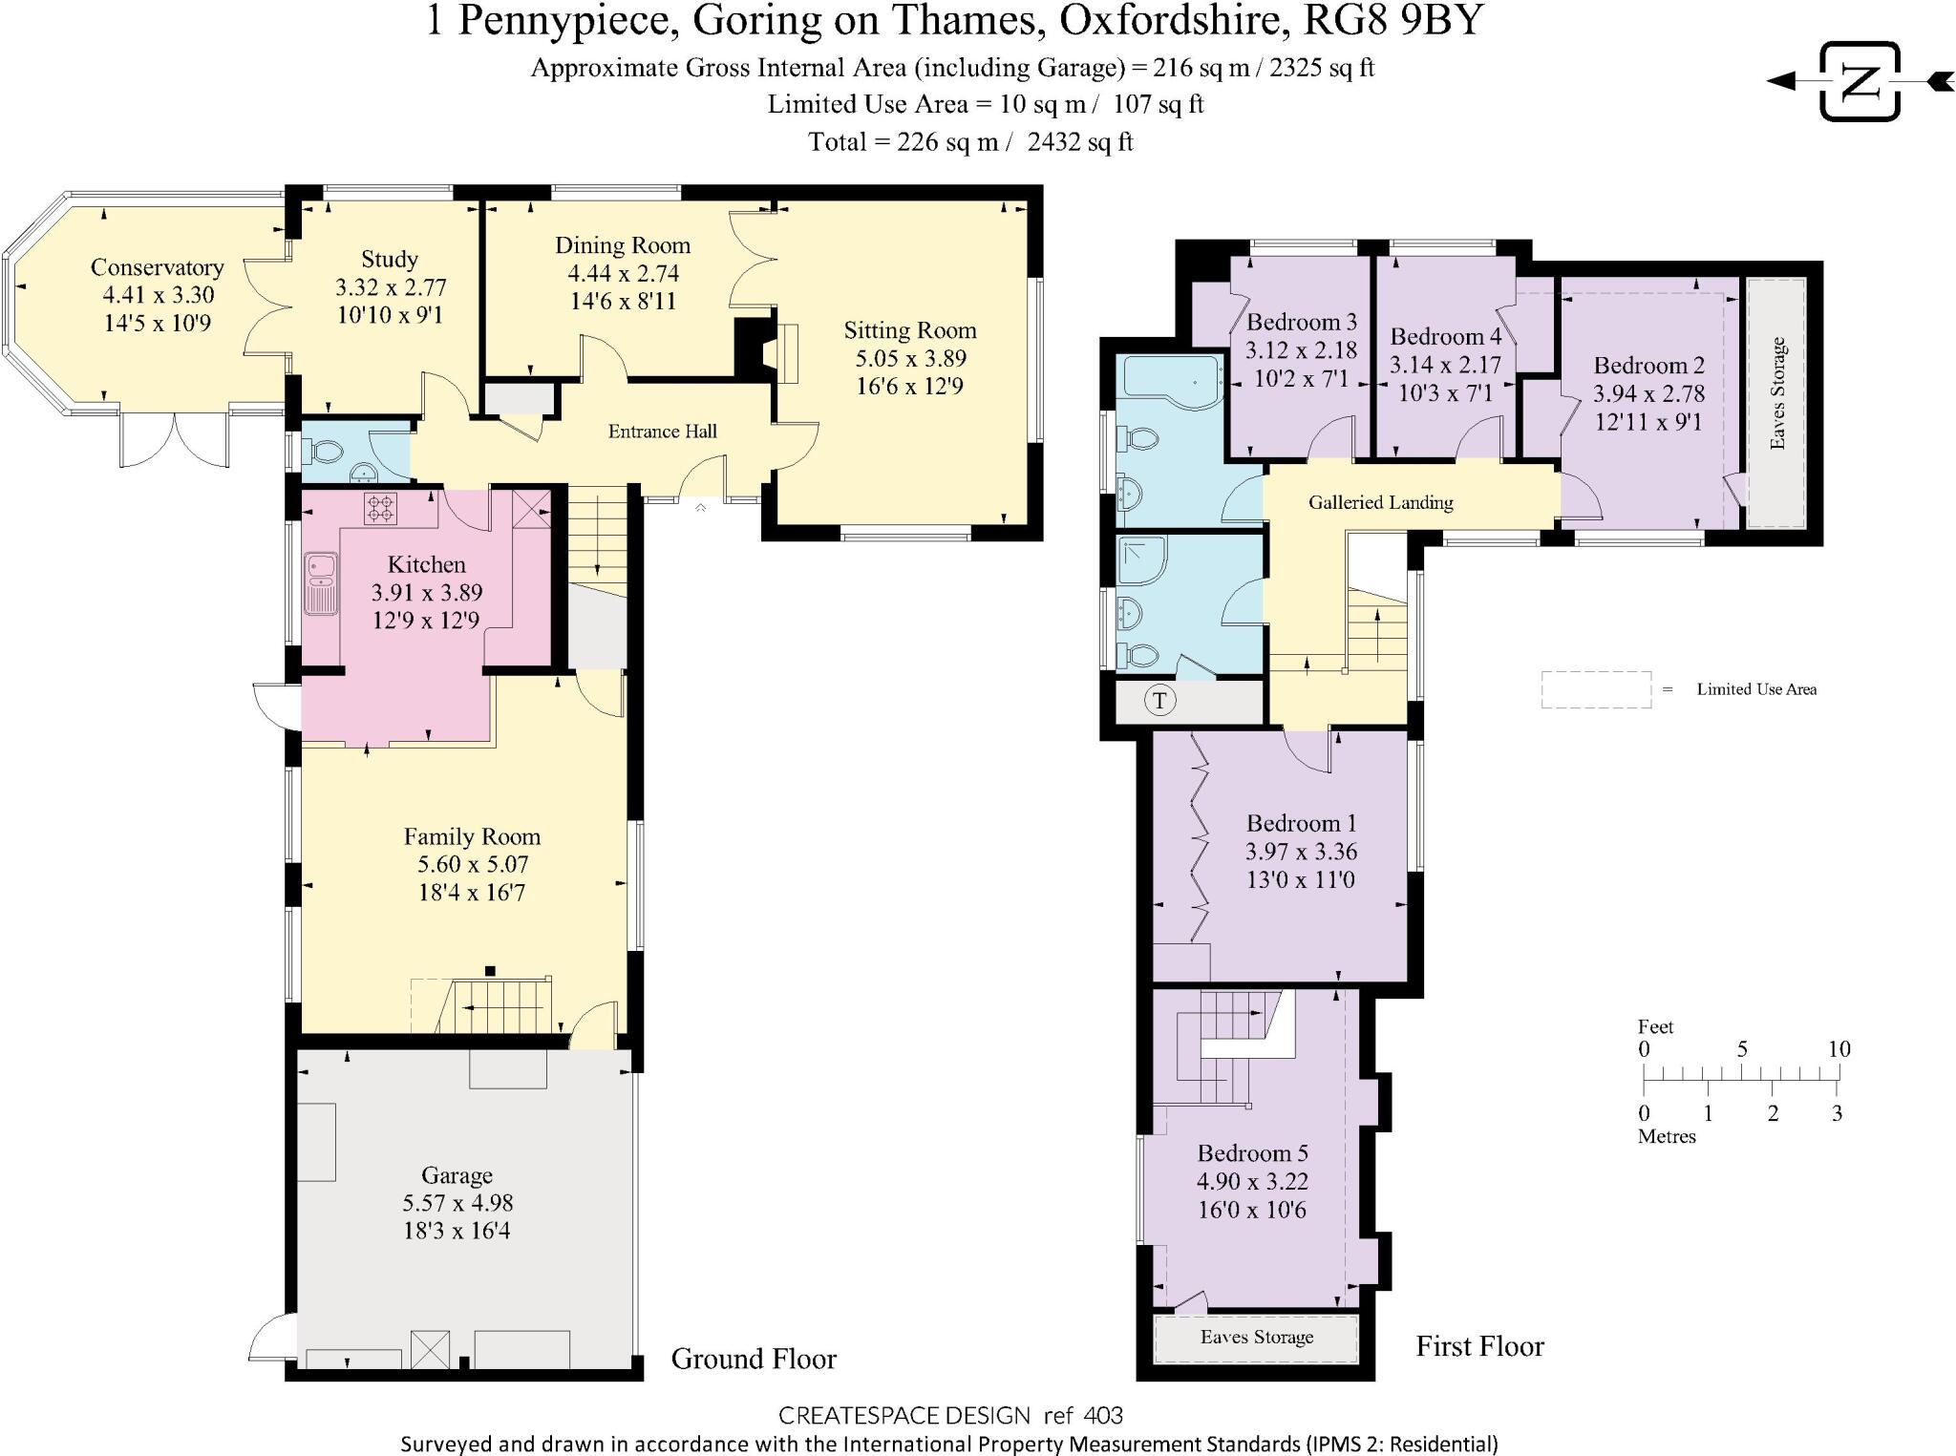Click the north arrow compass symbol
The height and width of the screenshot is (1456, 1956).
[x=1859, y=81]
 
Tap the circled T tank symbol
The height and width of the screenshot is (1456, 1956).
[x=1159, y=701]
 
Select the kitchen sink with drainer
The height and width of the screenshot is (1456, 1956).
[x=321, y=583]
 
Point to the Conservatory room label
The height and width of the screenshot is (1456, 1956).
[x=157, y=267]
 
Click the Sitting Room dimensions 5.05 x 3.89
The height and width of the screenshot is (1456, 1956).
[x=910, y=358]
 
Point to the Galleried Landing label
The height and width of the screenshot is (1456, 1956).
[x=1380, y=502]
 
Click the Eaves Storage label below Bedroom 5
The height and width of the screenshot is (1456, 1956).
[x=1256, y=1338]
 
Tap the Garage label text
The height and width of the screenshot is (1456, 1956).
[x=457, y=1175]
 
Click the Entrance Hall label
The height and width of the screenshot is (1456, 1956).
[x=662, y=432]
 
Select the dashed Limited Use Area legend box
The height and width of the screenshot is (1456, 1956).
[x=1595, y=689]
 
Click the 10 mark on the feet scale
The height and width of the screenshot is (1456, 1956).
[x=1839, y=1049]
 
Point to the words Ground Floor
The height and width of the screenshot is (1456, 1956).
[x=753, y=1359]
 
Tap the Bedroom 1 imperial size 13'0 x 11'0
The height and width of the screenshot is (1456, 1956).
[x=1300, y=879]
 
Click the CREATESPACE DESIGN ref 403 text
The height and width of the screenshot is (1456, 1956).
[x=949, y=1415]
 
